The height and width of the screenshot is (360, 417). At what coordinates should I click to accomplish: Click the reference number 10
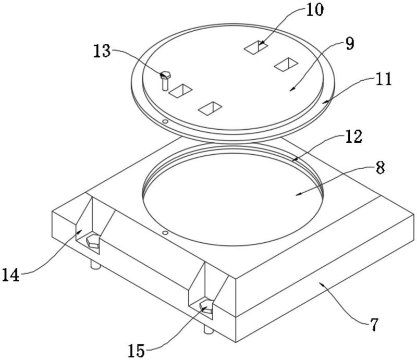coord(315,10)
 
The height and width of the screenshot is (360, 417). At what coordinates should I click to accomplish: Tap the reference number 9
coord(350,43)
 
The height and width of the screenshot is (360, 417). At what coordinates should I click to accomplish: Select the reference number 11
coord(383,79)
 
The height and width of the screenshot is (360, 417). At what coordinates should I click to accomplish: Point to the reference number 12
coord(354,137)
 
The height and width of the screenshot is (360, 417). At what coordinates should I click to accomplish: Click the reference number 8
coord(381,168)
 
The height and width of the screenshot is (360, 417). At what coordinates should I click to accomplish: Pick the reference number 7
coord(374,325)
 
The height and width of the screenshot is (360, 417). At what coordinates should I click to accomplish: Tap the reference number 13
coord(102,51)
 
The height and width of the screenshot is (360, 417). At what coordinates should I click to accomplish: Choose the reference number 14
coord(10,275)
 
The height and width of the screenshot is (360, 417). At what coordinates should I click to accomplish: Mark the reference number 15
coord(136,351)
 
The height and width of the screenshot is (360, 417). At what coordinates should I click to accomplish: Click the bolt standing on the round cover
coord(165,81)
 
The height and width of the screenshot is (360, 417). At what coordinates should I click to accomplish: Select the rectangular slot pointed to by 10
coord(256,47)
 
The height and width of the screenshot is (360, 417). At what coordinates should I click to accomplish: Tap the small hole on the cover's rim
coord(165,122)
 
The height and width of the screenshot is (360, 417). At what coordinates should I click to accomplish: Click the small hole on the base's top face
coord(165,233)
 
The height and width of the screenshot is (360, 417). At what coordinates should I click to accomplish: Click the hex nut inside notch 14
coord(93,241)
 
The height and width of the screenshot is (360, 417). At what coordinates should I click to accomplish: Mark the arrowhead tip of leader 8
coord(296,195)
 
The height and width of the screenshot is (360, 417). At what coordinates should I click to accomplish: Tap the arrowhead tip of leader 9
coord(289,91)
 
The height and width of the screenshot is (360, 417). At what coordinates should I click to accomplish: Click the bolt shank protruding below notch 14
coord(95,265)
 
